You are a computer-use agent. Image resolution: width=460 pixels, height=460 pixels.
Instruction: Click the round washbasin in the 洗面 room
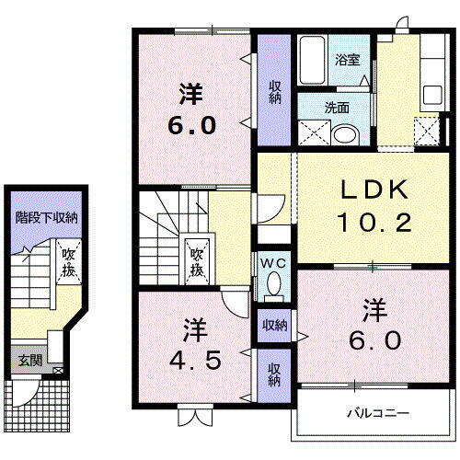pyautogui.click(x=347, y=135)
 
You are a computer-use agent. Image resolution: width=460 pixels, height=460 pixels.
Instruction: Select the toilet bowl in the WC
pyautogui.click(x=272, y=287)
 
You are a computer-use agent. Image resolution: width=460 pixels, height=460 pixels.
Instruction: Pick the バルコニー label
pyautogui.click(x=377, y=413)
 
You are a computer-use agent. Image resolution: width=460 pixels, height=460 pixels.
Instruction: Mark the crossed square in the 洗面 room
pyautogui.click(x=314, y=135)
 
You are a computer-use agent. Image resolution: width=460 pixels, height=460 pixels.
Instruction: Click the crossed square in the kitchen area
pyautogui.click(x=426, y=132)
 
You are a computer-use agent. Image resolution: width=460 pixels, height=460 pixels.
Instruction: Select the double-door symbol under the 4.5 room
pyautogui.click(x=192, y=418)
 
